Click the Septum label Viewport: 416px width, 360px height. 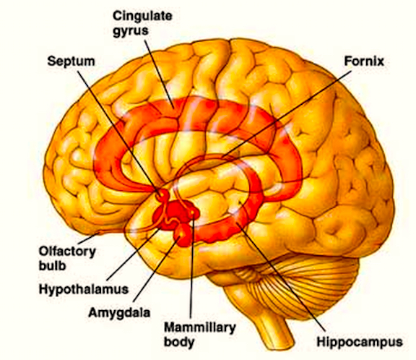pyautogui.click(x=71, y=62)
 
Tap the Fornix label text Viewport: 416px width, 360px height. pyautogui.click(x=364, y=61)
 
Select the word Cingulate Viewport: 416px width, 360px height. pyautogui.click(x=142, y=16)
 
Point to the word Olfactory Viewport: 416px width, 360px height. pyautogui.click(x=67, y=251)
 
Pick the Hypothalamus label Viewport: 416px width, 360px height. pyautogui.click(x=84, y=289)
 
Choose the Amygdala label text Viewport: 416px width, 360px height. pyautogui.click(x=119, y=313)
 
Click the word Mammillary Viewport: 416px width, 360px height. pyautogui.click(x=200, y=328)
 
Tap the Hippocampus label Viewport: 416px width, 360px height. pyautogui.click(x=360, y=342)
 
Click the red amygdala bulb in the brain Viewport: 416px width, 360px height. pyautogui.click(x=182, y=235)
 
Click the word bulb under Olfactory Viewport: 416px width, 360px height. pyautogui.click(x=52, y=266)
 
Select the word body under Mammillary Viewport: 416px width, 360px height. pyautogui.click(x=179, y=342)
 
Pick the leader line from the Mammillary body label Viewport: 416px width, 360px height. pyautogui.click(x=192, y=265)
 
